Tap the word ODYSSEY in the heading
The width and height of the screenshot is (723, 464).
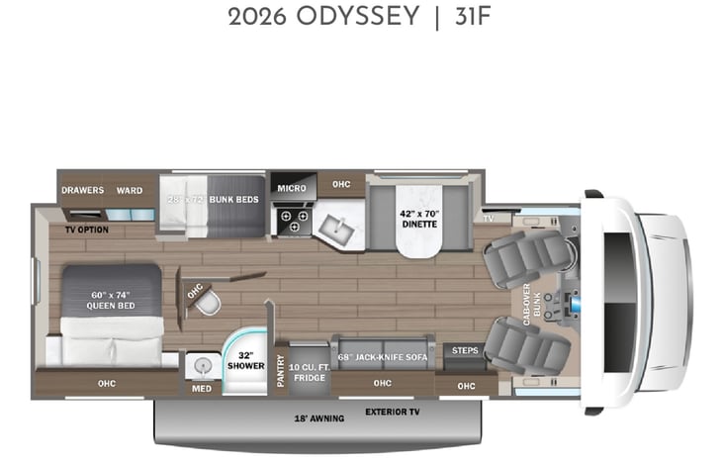tap(342, 19)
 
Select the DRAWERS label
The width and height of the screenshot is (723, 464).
tap(83, 190)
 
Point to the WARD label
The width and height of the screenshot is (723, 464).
tap(130, 190)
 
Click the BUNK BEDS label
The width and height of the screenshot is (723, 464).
tap(233, 199)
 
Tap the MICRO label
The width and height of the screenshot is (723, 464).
tap(291, 187)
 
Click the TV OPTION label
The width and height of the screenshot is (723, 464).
tap(87, 230)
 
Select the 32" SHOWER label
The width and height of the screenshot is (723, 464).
tap(246, 360)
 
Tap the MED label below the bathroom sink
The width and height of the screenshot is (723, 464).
tap(201, 388)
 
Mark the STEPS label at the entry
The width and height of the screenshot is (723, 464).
tap(464, 350)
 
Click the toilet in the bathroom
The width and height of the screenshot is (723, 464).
tap(207, 306)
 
